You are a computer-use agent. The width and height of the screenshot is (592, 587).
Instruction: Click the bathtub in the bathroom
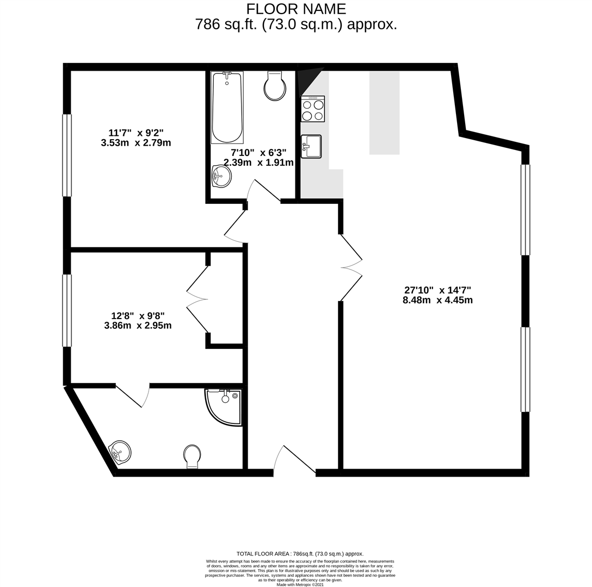[227, 107]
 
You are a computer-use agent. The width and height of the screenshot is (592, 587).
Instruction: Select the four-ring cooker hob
[313, 109]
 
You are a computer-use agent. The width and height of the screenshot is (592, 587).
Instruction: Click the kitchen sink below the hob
[312, 146]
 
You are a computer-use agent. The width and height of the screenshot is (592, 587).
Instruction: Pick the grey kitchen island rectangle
[384, 113]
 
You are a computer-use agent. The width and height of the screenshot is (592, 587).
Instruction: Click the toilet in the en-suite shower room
[192, 455]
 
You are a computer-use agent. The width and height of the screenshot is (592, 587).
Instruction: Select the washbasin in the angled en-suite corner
[121, 452]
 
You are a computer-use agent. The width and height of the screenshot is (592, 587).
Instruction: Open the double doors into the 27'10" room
[351, 267]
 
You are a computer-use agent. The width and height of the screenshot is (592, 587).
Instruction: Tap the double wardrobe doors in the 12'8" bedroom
[198, 299]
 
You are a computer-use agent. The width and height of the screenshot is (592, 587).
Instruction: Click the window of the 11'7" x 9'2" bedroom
[67, 155]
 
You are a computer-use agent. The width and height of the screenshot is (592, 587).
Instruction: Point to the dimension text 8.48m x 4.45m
[437, 300]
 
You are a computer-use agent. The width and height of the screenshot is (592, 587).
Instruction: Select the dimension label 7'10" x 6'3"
[258, 153]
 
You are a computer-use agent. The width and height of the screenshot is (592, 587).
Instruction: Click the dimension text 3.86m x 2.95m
[138, 326]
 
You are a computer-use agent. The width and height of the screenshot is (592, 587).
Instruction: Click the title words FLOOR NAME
[296, 9]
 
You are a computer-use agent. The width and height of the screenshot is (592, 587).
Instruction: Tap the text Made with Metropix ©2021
[300, 584]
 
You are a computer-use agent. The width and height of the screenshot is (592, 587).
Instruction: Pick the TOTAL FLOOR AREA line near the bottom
[300, 553]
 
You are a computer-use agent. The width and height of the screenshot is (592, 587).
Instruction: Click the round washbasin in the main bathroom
[222, 176]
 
